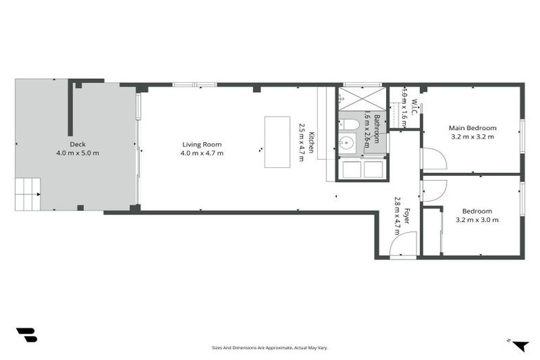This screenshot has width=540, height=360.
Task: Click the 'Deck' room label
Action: [x=77, y=144]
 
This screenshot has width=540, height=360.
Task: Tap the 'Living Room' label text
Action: [x=202, y=144]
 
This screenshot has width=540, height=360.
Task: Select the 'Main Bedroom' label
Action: [x=472, y=128]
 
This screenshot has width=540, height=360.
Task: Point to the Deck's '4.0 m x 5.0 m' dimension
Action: [x=77, y=153]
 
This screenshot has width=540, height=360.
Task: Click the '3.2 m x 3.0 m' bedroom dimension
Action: [x=477, y=219]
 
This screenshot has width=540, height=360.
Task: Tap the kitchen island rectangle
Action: [x=276, y=142]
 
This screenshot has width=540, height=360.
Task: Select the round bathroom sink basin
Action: [x=346, y=144]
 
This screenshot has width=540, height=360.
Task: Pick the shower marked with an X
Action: [x=362, y=98]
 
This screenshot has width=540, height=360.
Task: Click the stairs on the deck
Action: [x=28, y=194]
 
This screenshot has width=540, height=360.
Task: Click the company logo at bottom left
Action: [x=26, y=335]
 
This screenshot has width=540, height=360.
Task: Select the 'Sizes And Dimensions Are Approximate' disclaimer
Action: [x=270, y=347]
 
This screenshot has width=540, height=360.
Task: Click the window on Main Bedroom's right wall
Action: [x=521, y=136]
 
